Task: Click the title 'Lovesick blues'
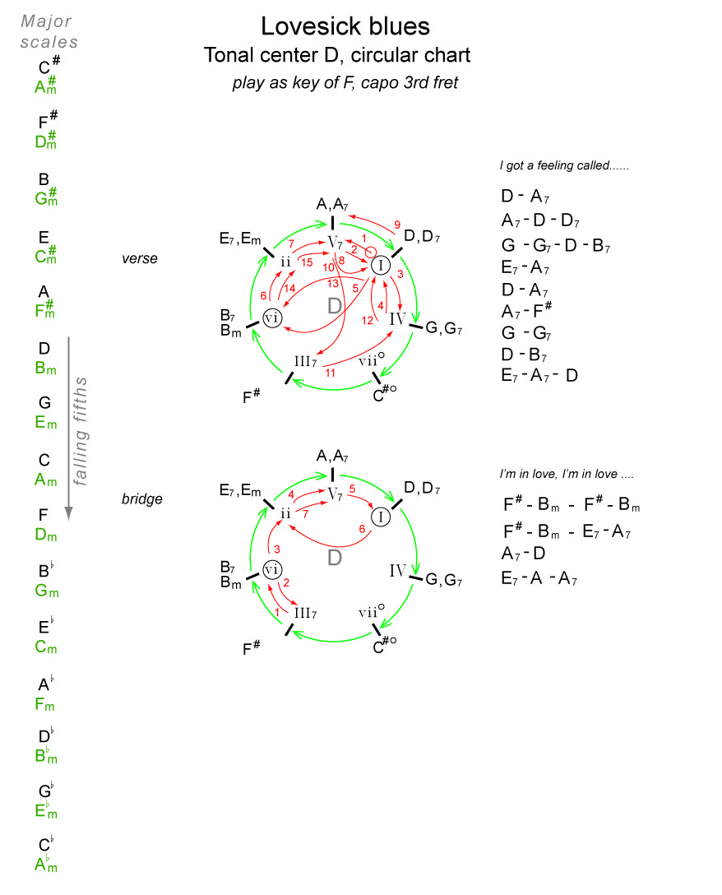pos(345,26)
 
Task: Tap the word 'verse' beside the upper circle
pos(139,259)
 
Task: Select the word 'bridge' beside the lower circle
pos(142,499)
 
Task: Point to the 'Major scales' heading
pos(49,31)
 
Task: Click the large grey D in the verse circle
pos(333,307)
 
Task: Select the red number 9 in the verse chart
pos(397,224)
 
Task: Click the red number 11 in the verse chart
pos(331,373)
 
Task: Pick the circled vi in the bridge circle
pos(272,570)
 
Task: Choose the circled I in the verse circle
pos(380,265)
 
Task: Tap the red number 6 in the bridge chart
pos(360,528)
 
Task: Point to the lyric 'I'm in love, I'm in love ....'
pos(567,475)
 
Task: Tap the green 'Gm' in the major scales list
pos(46,591)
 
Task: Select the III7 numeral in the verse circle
pos(305,360)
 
